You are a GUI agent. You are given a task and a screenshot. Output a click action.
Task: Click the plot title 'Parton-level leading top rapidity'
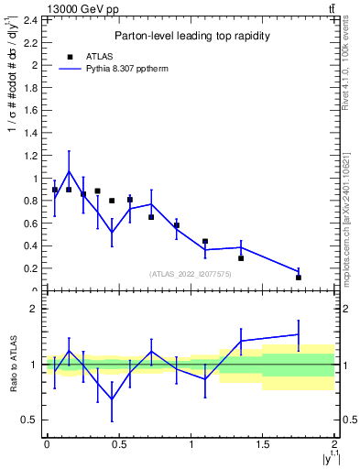191,36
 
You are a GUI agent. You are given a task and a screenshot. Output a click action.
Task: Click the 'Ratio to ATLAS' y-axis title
12,364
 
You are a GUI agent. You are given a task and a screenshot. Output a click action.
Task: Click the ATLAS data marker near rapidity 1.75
299,278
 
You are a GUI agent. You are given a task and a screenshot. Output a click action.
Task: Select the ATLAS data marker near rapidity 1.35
241,258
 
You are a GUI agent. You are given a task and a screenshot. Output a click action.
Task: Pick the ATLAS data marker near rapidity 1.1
205,241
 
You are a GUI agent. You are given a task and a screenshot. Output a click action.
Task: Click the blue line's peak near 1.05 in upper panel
69,171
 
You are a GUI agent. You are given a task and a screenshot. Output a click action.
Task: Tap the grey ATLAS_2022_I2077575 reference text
191,274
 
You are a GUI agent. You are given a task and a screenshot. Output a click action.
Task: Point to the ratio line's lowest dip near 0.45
112,398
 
